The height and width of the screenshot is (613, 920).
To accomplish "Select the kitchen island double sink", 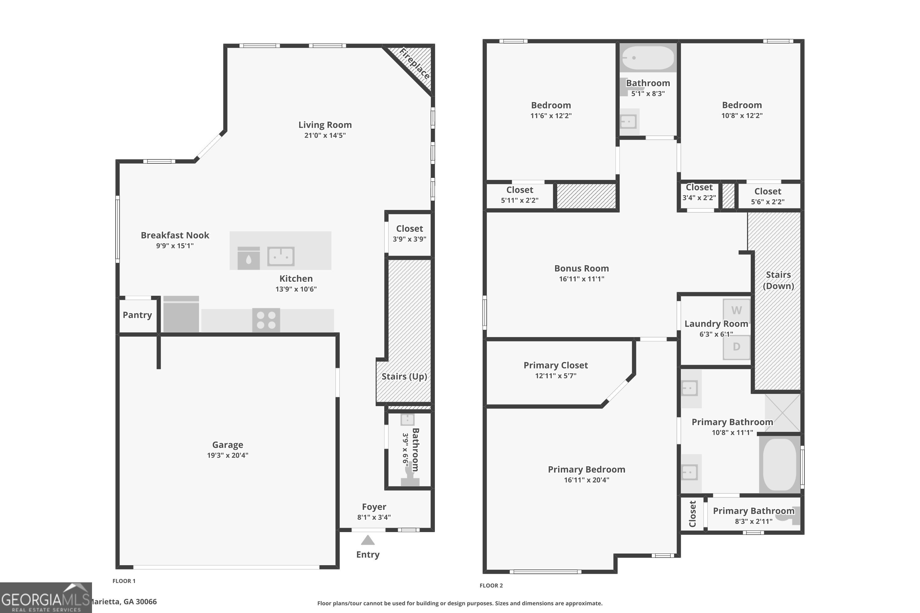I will (x=281, y=257).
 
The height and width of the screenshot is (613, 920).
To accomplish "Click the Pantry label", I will (x=137, y=315).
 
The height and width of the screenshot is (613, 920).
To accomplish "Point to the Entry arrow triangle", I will (x=368, y=541).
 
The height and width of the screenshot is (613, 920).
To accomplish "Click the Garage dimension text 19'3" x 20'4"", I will (x=228, y=455).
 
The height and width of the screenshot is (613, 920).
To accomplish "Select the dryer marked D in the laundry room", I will (x=737, y=347).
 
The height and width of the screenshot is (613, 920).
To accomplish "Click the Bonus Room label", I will (x=581, y=268).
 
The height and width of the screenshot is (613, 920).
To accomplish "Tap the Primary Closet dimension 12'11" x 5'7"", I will (x=555, y=376).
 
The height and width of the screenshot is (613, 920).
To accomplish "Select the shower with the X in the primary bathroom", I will (x=783, y=413).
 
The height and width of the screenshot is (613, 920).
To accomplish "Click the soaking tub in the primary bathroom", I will (x=780, y=464).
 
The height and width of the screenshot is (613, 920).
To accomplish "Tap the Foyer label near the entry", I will (x=374, y=507).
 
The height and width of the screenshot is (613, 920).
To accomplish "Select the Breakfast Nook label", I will (x=175, y=235).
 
